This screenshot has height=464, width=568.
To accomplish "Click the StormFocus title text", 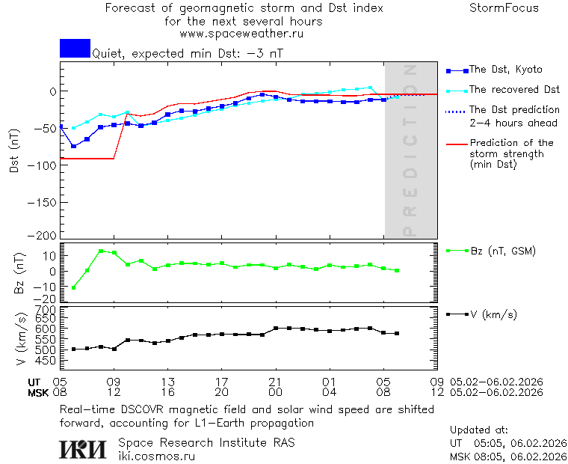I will coord(504,8).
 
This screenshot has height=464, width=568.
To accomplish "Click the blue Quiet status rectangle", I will coord(75,48).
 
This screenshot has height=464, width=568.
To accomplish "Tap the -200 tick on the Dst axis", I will coord(43,235).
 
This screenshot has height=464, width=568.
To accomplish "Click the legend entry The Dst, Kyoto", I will coord(505,70).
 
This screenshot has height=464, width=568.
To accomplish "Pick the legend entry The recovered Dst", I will coord(514,90).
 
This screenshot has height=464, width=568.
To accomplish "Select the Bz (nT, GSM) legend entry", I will coord(501,251).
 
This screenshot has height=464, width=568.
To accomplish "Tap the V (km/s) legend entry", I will coord(493,314).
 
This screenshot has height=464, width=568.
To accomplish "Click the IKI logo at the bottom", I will coord(84,449).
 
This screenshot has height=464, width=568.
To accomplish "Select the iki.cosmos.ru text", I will coord(156,457).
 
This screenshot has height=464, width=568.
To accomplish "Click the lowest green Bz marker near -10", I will coord(73,287).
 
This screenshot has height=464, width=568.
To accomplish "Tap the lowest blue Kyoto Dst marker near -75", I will coord(73,146).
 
